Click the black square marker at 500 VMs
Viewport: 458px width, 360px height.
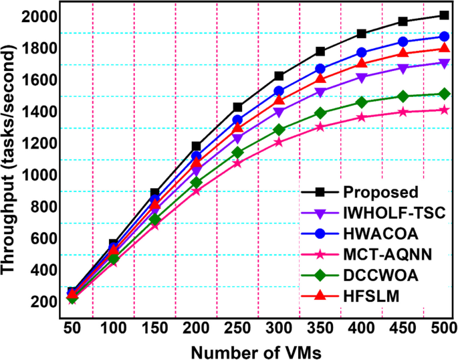[443, 15]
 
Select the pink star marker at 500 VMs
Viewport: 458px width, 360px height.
[443, 110]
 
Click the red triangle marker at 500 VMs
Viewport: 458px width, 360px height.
[443, 48]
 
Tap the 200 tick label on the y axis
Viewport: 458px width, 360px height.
[39, 302]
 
